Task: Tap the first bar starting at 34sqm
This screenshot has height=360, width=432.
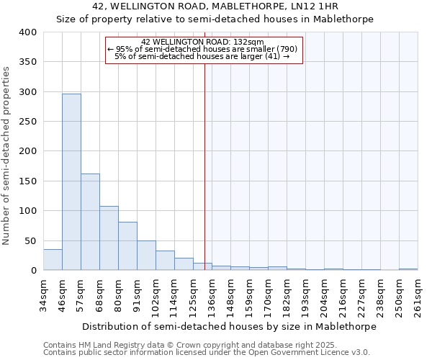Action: pos(53,260)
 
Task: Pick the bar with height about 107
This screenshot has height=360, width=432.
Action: pos(109,238)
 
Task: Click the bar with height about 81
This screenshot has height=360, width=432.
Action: pos(127,246)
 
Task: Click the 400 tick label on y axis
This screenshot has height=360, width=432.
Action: pos(27,32)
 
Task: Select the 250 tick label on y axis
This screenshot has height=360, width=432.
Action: pos(27,122)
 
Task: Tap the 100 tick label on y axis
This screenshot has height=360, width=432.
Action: pos(27,211)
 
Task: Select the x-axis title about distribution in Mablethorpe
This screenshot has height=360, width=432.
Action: pos(229,326)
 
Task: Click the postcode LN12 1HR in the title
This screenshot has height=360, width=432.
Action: pos(320,6)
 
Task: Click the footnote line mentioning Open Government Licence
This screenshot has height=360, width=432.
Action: pos(206,353)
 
